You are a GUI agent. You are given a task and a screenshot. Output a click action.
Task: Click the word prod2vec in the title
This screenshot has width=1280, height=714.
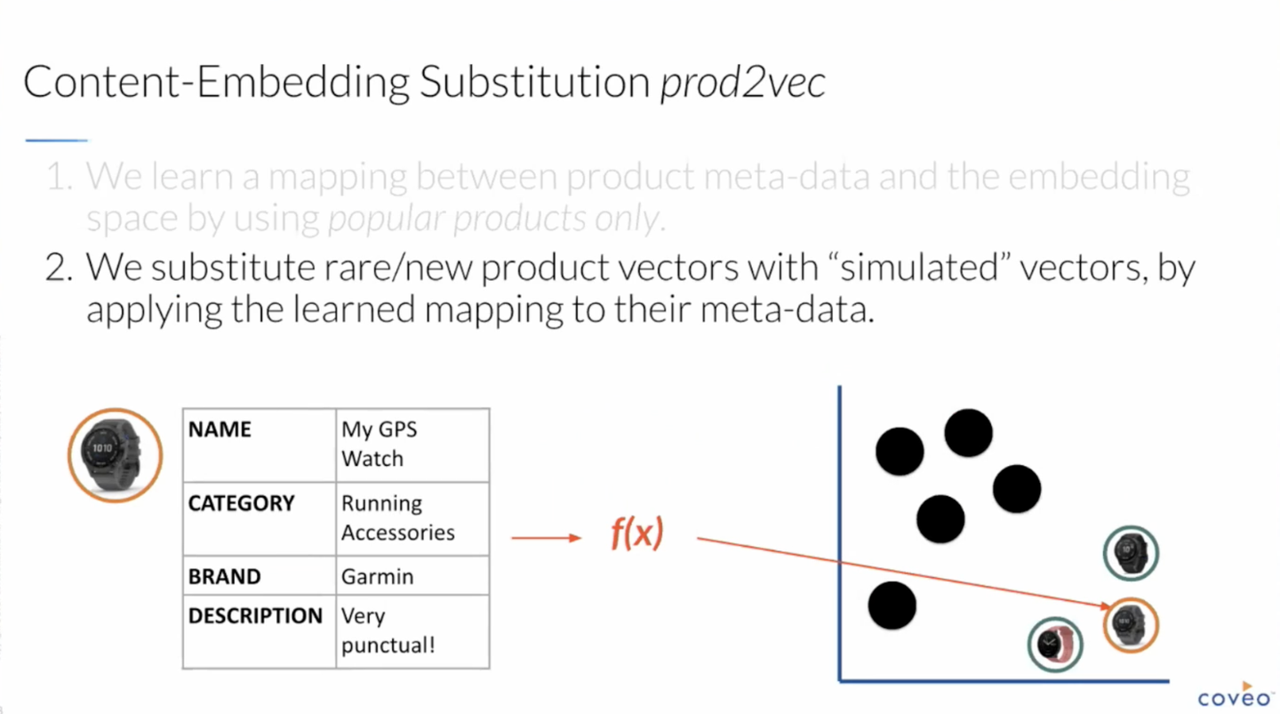click(742, 82)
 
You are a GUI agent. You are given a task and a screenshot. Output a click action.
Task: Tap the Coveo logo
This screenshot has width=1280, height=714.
click(1235, 695)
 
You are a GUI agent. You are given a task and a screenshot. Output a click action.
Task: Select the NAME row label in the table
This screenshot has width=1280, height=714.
click(220, 429)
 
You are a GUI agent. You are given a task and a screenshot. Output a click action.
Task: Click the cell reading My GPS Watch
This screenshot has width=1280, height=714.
click(412, 445)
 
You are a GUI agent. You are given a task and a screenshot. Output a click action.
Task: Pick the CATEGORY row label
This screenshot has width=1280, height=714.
click(241, 503)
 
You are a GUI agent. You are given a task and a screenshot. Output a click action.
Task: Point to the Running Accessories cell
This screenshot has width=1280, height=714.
click(412, 518)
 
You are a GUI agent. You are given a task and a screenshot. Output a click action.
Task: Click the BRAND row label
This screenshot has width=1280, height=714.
click(224, 576)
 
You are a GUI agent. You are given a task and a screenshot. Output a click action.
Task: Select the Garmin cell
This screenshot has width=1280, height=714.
click(412, 575)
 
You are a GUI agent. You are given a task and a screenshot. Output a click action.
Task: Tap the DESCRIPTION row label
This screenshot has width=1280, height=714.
click(255, 615)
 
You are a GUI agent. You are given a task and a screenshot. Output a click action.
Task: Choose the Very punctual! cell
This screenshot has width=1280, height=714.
click(412, 631)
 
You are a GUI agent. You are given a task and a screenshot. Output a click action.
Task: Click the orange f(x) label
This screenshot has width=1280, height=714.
click(637, 533)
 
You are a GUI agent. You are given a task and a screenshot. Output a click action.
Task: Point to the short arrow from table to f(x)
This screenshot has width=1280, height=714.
click(547, 537)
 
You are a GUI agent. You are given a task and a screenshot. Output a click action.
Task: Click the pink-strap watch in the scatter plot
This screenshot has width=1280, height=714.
click(1055, 645)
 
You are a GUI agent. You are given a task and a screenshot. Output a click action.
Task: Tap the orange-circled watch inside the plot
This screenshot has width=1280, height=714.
click(1131, 625)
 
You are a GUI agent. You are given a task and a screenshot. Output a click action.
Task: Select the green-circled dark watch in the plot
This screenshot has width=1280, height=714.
click(1131, 553)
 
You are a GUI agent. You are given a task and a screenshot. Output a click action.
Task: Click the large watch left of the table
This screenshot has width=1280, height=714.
click(115, 455)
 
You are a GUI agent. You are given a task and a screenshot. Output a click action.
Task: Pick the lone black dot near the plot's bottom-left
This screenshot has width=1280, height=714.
click(892, 606)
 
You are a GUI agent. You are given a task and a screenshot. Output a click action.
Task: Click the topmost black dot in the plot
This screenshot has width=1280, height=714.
click(969, 433)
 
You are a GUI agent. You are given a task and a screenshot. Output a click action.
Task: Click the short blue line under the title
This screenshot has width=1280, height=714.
click(56, 140)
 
